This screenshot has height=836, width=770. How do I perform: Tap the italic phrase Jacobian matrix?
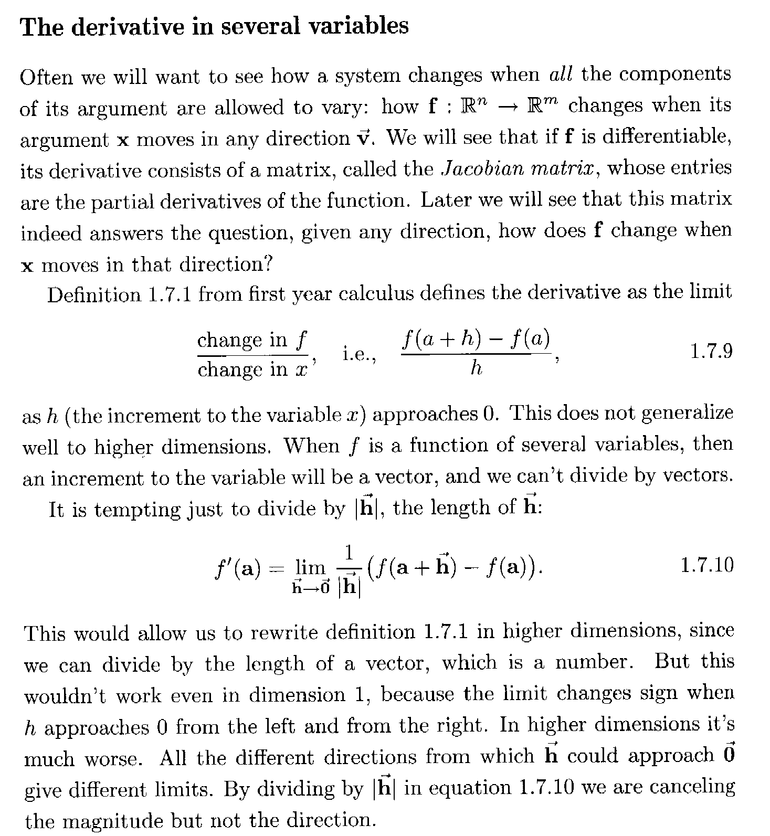[520, 168]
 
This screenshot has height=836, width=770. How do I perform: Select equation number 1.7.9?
[711, 351]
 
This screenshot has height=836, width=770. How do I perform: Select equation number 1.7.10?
[706, 565]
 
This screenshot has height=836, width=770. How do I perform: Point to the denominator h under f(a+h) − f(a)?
[476, 368]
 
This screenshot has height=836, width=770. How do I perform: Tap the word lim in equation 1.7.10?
[311, 567]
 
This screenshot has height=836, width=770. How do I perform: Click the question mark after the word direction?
[268, 263]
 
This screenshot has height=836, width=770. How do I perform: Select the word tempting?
[137, 510]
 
